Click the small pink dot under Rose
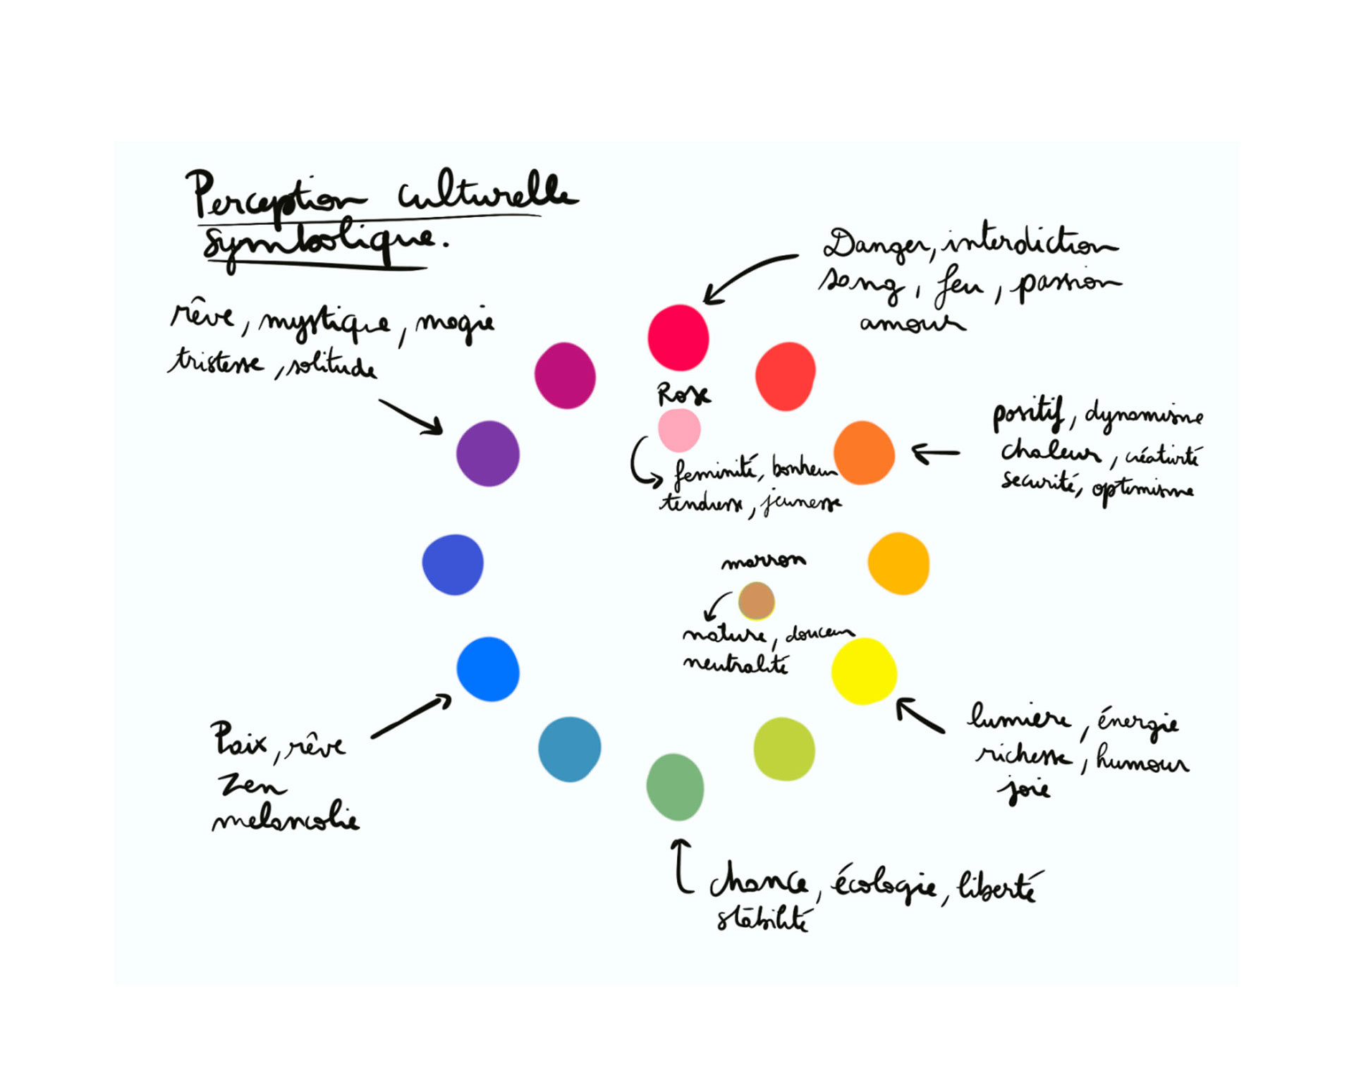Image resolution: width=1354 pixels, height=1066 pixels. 679,430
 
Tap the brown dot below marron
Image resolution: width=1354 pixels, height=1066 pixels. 756,601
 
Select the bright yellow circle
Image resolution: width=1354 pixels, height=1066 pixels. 864,671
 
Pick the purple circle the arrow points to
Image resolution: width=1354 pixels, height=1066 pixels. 488,453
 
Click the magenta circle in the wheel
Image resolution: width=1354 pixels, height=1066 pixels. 565,376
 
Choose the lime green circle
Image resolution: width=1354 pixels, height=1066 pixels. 784,749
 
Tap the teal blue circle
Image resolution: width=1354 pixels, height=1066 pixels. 569,749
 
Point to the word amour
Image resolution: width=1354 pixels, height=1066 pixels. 911,323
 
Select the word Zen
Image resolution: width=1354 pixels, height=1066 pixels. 250,784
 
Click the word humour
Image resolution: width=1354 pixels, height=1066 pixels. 1142,759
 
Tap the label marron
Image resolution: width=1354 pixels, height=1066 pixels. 763,560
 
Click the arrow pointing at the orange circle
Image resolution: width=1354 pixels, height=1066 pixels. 936,453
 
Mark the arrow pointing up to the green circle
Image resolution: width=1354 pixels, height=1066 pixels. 681,866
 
